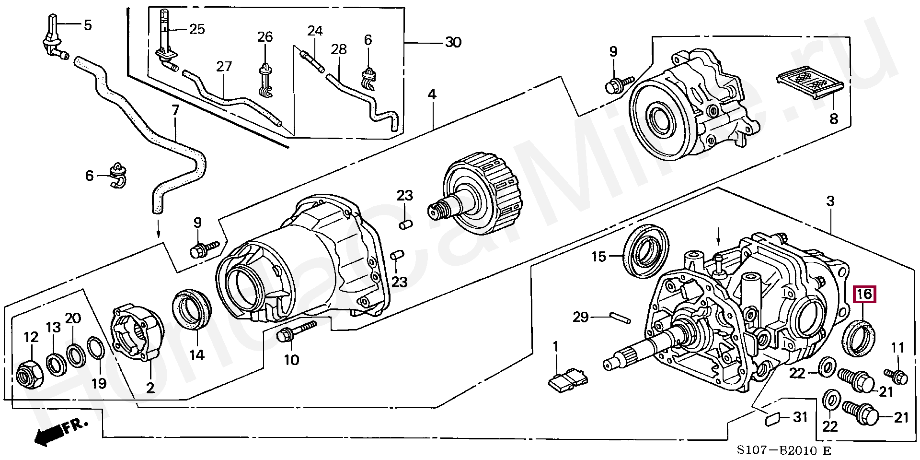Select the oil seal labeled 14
click(191, 309)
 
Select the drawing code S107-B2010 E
click(783, 450)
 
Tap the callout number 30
click(453, 43)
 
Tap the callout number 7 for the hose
click(175, 111)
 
